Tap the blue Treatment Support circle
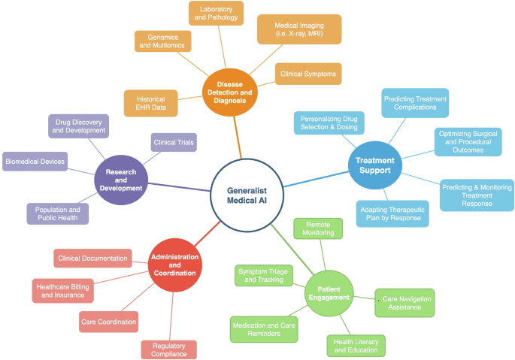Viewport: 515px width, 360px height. point(373,165)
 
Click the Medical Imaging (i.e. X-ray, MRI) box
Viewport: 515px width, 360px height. point(299,29)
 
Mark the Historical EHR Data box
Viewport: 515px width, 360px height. point(151,103)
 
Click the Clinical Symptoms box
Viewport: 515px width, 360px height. point(308,74)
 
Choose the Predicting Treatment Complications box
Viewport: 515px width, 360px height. point(415,103)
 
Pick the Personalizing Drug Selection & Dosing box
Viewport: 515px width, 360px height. point(329,123)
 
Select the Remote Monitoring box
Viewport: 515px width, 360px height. point(318,228)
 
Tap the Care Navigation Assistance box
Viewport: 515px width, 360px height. point(405,303)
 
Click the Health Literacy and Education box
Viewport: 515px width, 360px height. point(356,346)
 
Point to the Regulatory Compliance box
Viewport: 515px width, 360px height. point(168,349)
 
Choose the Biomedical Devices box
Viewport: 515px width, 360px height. point(35,161)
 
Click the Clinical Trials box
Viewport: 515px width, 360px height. point(174,142)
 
